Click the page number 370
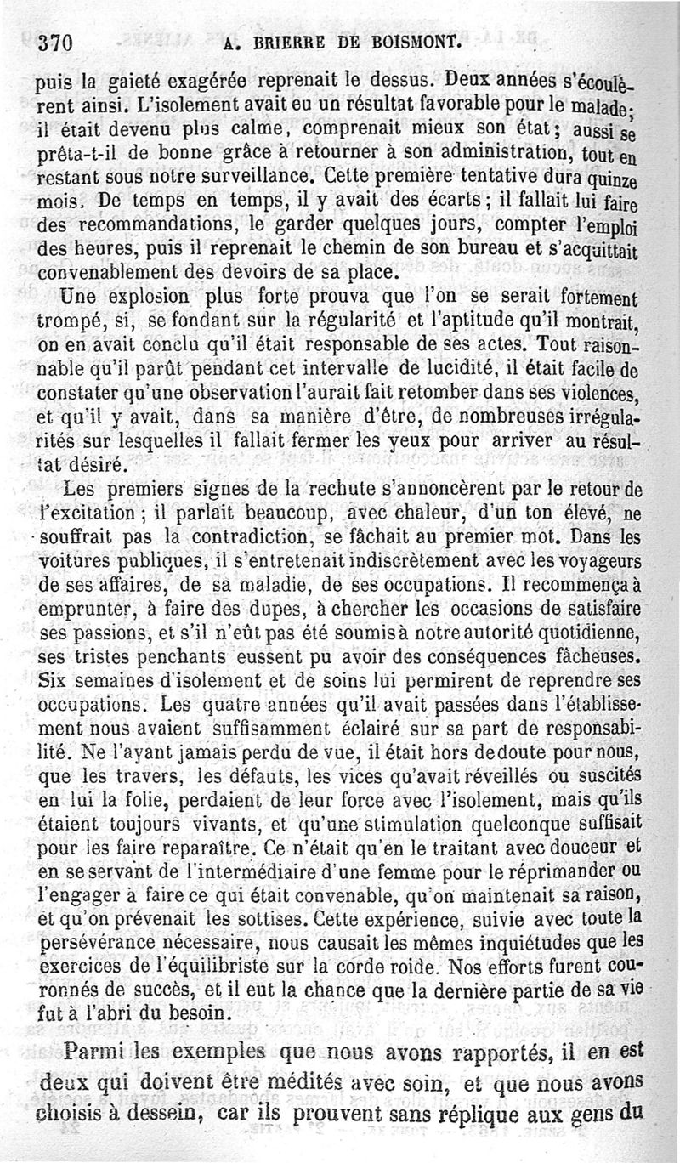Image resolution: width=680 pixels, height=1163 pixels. [x=57, y=44]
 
